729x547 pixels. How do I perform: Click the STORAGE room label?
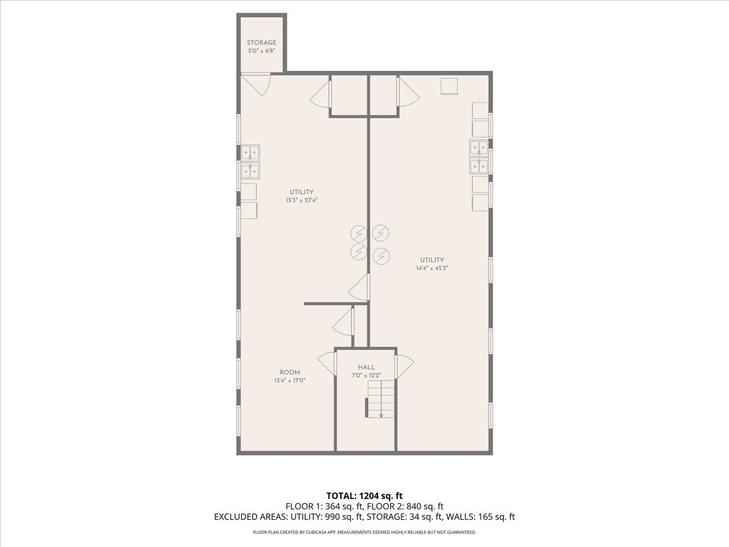(261, 43)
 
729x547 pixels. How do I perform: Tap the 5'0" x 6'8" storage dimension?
(261, 51)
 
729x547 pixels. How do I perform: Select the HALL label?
(366, 367)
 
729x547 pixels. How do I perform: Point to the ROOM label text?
(289, 373)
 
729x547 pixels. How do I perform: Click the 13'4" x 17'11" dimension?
(289, 381)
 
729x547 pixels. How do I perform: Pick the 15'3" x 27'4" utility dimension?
(301, 201)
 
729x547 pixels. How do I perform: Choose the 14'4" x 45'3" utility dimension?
(432, 268)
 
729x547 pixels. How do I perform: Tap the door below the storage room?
(256, 83)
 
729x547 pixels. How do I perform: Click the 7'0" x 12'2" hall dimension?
(366, 375)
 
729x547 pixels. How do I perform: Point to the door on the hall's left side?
(328, 363)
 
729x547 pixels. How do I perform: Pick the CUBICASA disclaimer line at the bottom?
(364, 532)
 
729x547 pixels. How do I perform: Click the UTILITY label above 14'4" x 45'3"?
(432, 260)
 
